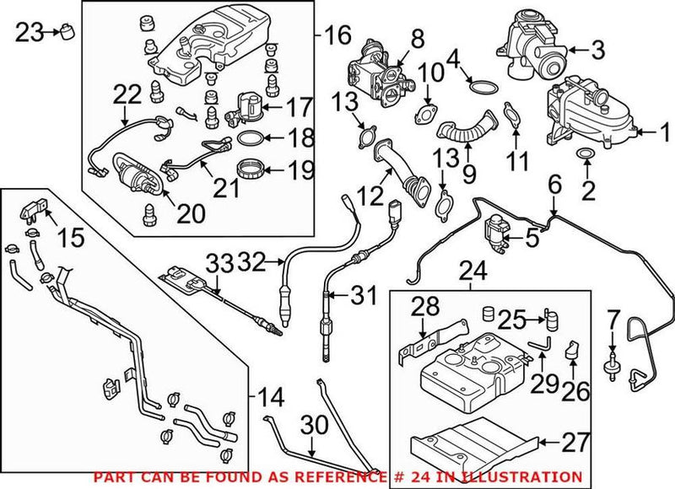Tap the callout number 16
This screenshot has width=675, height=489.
coord(336,35)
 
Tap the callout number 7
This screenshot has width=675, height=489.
coord(613,320)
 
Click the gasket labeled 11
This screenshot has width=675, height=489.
coord(511,114)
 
